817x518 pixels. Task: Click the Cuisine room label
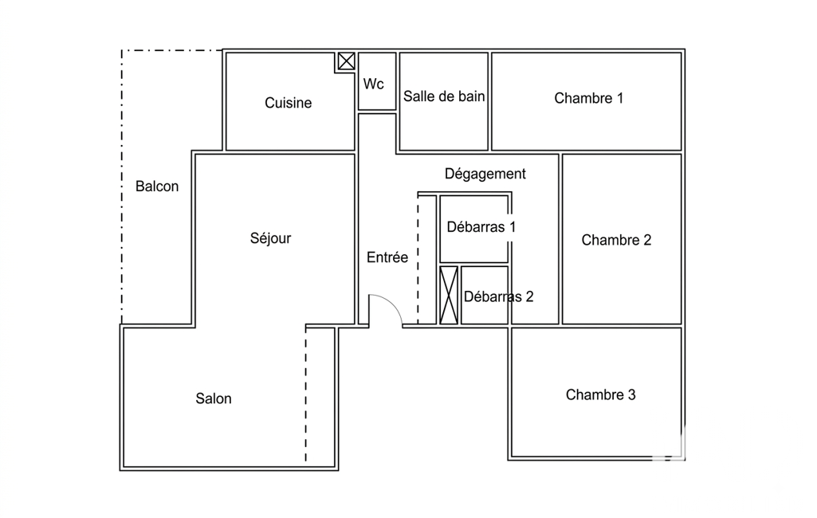[x=288, y=103]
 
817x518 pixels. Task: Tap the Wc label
[x=374, y=84]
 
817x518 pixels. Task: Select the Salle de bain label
[x=444, y=96]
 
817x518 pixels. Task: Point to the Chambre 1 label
[x=588, y=98]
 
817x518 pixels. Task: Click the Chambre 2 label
[x=616, y=240]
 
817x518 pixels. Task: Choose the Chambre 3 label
[x=601, y=394]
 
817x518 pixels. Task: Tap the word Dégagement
[x=485, y=174]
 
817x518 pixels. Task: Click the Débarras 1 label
[x=481, y=227]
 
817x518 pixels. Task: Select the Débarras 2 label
[x=499, y=296]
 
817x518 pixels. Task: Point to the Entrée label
[x=387, y=257]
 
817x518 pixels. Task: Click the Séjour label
[x=270, y=238]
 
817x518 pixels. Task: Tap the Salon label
[x=214, y=398]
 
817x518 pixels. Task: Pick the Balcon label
[x=157, y=186]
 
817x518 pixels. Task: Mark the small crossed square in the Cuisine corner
[x=347, y=61]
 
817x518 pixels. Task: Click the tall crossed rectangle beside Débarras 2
[x=449, y=295]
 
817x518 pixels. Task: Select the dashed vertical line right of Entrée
[x=418, y=259]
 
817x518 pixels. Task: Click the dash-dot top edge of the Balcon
[x=172, y=50]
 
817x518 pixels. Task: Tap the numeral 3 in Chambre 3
[x=632, y=394]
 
